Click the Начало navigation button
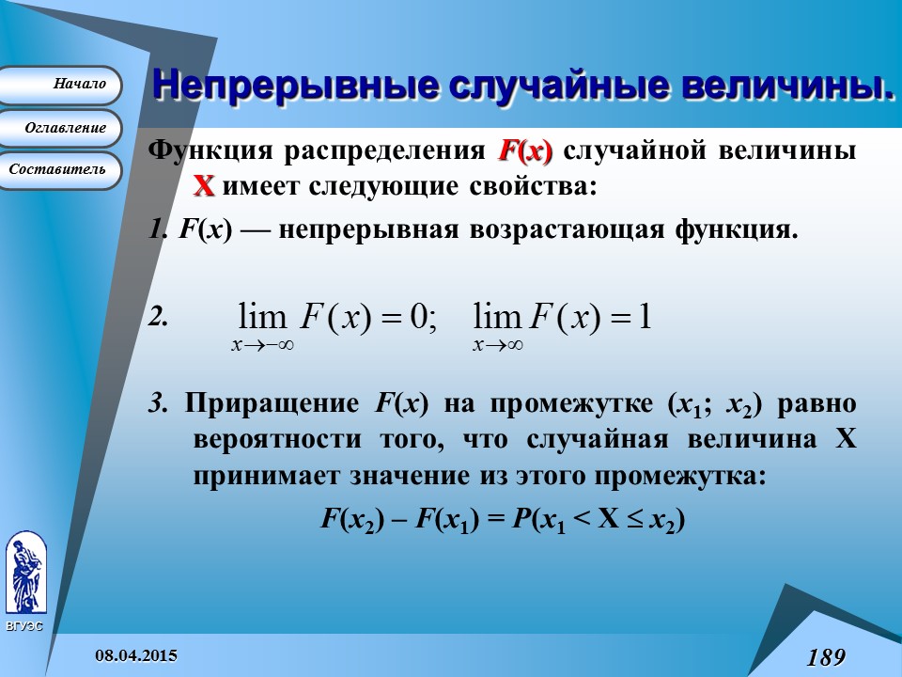click(61, 85)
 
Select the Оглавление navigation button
click(61, 128)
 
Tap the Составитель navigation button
click(61, 170)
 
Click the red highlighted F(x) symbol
click(525, 151)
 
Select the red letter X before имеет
click(204, 186)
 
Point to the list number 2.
click(158, 318)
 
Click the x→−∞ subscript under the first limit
click(263, 345)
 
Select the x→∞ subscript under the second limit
click(498, 345)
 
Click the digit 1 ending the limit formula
click(645, 317)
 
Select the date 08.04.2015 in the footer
click(135, 654)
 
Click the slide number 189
click(826, 656)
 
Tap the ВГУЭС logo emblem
click(24, 574)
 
